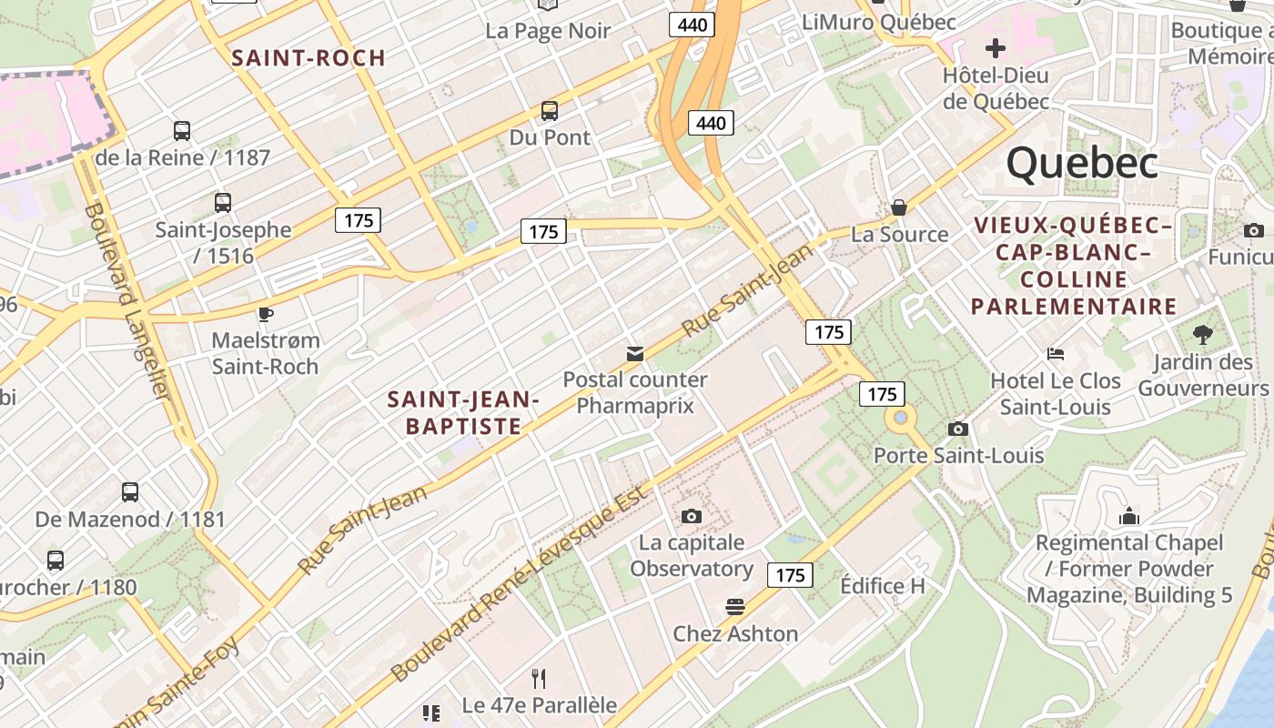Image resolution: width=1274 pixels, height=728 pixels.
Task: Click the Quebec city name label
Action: tap(1081, 164)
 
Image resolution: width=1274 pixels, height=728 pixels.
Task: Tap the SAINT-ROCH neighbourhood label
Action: tap(308, 58)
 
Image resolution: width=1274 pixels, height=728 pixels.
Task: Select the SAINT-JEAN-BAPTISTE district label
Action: tap(463, 412)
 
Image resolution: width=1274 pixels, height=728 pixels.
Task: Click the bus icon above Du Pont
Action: tap(550, 111)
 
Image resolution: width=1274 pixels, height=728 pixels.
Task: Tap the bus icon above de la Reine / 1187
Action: tap(182, 131)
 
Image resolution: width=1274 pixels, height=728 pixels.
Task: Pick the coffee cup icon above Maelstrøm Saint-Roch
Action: tap(265, 315)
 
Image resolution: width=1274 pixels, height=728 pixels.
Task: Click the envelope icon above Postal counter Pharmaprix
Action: tap(634, 353)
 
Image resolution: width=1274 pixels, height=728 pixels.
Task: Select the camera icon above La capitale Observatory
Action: tap(692, 516)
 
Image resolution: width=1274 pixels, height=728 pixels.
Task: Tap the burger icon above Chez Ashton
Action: tap(735, 606)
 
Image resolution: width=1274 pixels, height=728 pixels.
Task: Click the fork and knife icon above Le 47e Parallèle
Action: tap(539, 678)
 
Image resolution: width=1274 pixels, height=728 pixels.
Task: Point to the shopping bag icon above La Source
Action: tap(899, 207)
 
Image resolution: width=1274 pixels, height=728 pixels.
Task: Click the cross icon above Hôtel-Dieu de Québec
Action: tap(996, 47)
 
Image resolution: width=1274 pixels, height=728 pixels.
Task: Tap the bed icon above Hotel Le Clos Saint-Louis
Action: tap(1056, 353)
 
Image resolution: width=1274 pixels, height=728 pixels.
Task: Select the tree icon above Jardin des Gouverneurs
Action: tap(1202, 335)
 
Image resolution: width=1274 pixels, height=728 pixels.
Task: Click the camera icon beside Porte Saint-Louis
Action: tap(957, 429)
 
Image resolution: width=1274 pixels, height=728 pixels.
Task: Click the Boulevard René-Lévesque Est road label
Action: tap(519, 584)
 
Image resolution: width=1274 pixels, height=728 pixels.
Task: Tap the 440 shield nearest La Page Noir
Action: tap(692, 25)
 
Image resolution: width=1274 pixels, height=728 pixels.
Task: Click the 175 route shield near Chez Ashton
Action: tap(790, 575)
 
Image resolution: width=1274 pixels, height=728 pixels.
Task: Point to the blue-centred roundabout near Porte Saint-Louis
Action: tap(901, 418)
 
